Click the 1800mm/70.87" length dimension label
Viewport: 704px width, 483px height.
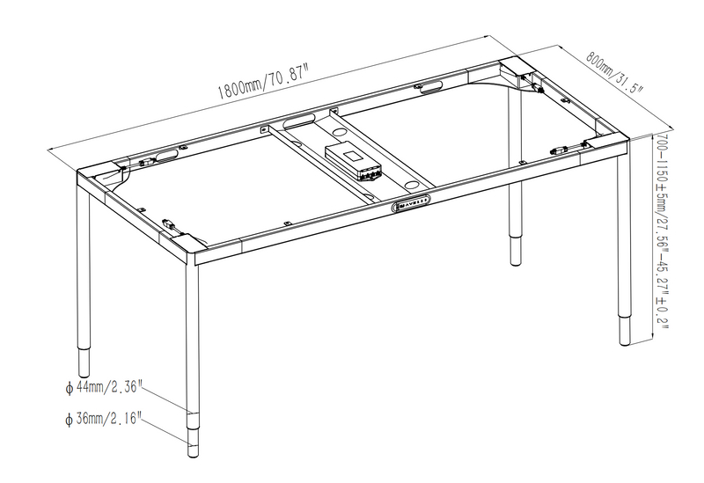pyautogui.click(x=263, y=81)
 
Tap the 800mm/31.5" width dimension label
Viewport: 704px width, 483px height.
pyautogui.click(x=614, y=72)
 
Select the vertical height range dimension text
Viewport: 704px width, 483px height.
pyautogui.click(x=662, y=231)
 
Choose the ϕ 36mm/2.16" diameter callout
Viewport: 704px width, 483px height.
pyautogui.click(x=103, y=420)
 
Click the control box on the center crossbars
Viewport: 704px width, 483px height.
pyautogui.click(x=355, y=161)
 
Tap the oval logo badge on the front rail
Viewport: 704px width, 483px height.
pyautogui.click(x=412, y=205)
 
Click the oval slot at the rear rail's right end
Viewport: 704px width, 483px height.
pyautogui.click(x=432, y=88)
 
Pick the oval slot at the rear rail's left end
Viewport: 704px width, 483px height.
pyautogui.click(x=166, y=156)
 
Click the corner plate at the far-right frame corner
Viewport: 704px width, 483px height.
pyautogui.click(x=605, y=144)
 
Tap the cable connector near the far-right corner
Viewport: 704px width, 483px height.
pyautogui.click(x=559, y=150)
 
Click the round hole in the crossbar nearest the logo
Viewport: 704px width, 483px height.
pyautogui.click(x=409, y=184)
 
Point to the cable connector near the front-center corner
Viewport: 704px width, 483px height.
pyautogui.click(x=167, y=223)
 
